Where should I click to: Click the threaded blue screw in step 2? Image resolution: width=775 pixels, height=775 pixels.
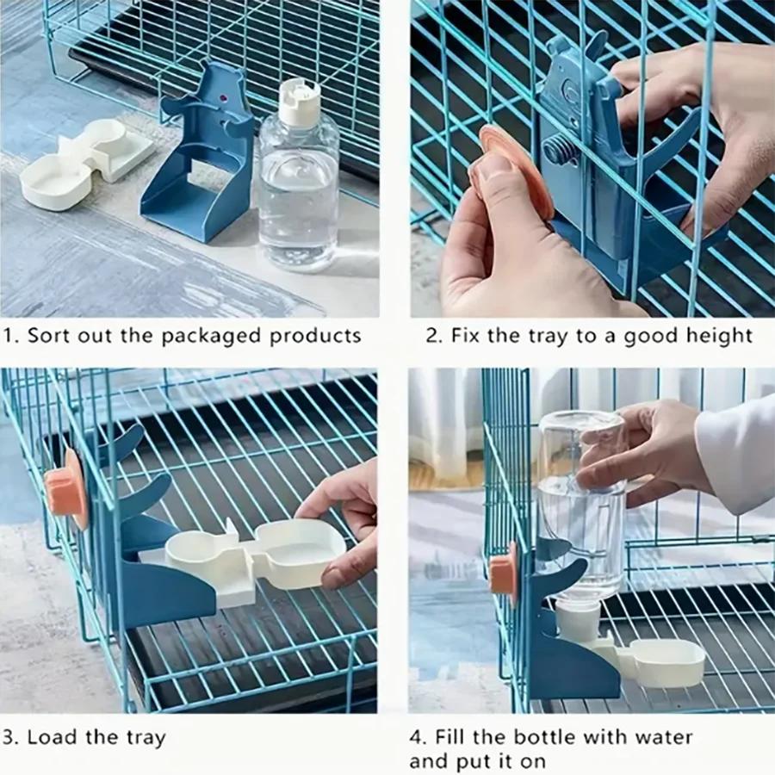tap(560, 151)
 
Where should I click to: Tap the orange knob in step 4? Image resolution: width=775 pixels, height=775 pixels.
tap(504, 573)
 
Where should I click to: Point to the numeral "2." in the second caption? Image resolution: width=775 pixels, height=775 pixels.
tap(433, 336)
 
